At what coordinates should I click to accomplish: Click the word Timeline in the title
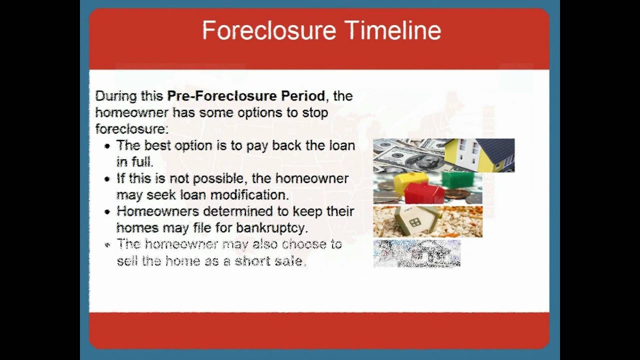tap(394, 30)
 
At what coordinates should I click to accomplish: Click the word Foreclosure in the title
tap(269, 30)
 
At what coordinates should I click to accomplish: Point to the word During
tap(116, 96)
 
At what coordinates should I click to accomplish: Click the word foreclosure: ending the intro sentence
tap(131, 129)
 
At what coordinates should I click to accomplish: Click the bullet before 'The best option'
tap(107, 146)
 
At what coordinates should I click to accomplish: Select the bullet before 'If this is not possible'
tap(107, 179)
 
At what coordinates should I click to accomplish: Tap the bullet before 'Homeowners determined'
tap(107, 212)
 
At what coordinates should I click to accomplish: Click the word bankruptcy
tap(272, 228)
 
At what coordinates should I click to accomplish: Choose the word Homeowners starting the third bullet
tap(157, 211)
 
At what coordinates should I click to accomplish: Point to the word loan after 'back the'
tap(342, 145)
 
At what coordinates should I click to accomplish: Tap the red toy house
tap(424, 192)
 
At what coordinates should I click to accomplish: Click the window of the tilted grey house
tap(415, 222)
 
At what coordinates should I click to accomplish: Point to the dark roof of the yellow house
tap(497, 151)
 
